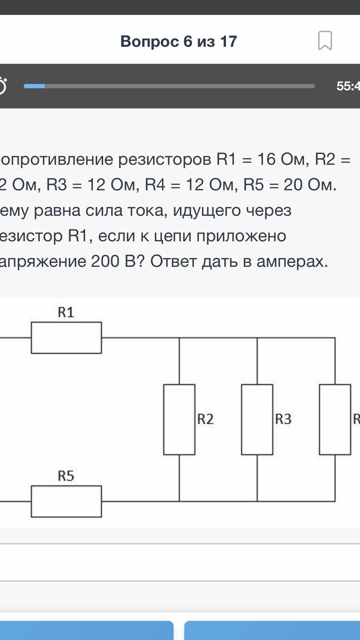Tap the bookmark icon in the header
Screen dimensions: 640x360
point(325,40)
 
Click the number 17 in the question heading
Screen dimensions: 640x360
point(228,41)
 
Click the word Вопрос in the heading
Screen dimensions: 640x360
point(150,41)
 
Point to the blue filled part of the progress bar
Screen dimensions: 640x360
point(34,86)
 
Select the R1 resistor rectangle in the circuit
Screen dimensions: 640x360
point(66,338)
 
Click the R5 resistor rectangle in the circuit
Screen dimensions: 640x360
point(66,501)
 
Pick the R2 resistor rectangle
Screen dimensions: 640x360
point(179,420)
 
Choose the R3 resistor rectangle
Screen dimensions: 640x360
point(257,420)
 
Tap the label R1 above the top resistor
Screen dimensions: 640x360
point(66,313)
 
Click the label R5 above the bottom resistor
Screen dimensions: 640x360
point(66,476)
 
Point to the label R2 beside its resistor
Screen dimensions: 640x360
point(206,419)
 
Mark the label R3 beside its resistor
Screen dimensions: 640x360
point(283,419)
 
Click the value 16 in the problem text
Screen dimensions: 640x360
point(266,159)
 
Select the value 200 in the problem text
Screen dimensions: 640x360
point(105,262)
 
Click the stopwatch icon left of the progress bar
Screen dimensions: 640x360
point(2,86)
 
